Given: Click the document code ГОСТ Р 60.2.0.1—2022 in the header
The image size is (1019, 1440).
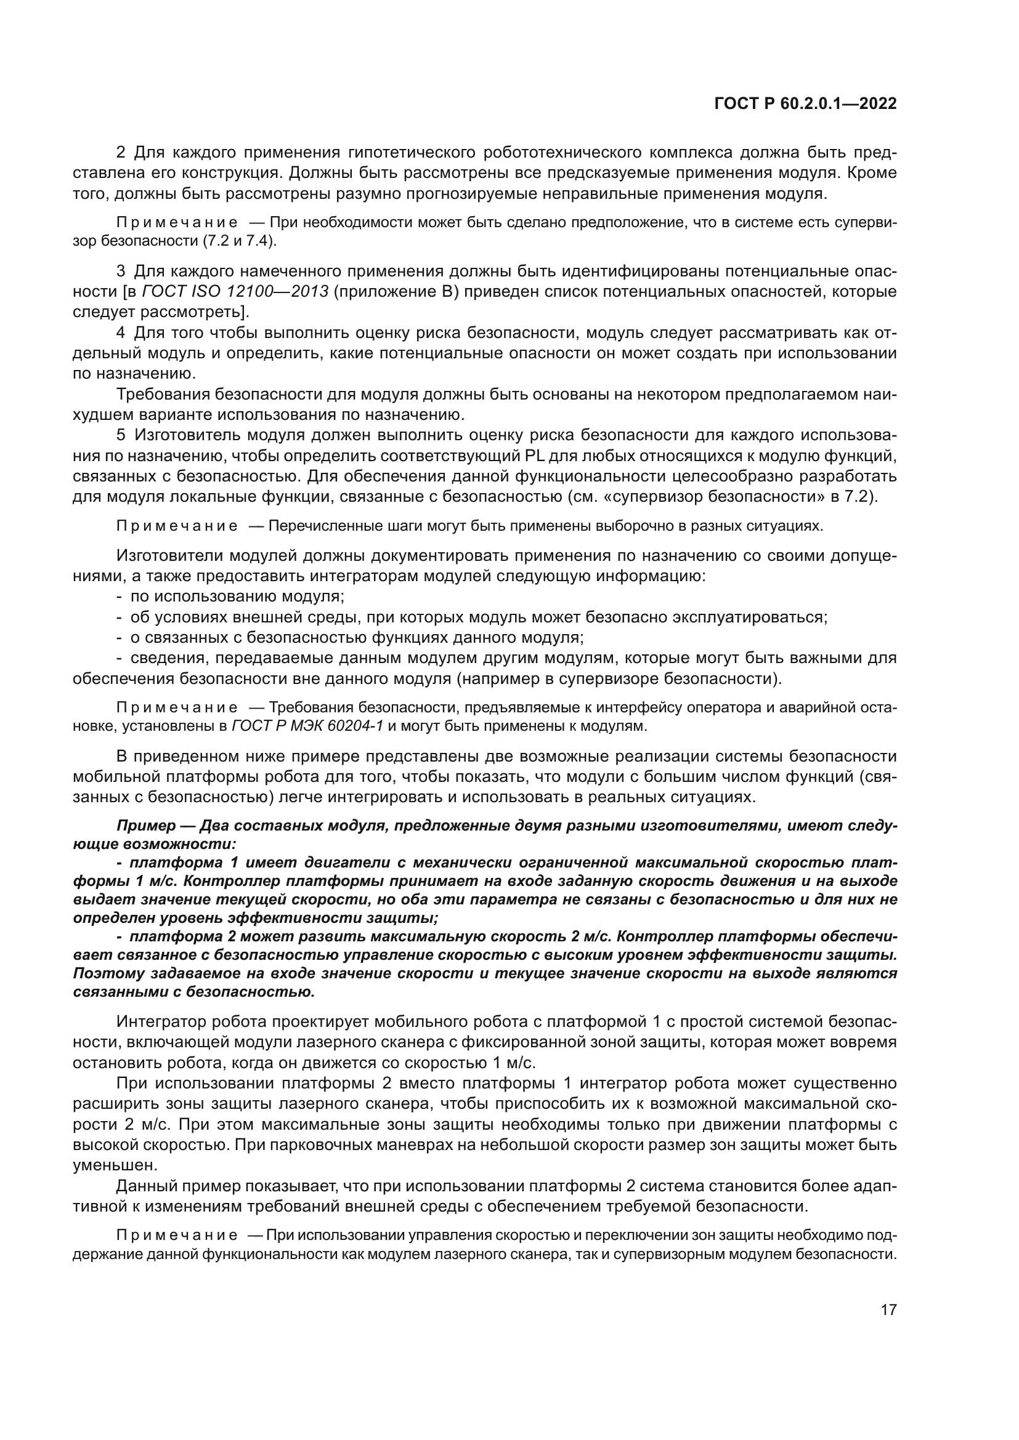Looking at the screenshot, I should pyautogui.click(x=806, y=104).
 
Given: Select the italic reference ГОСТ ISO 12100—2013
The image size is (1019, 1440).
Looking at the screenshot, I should pyautogui.click(x=235, y=292).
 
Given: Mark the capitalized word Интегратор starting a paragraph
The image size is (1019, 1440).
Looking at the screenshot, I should pyautogui.click(x=161, y=1023).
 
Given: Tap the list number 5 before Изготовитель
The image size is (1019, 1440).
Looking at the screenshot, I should pyautogui.click(x=122, y=435).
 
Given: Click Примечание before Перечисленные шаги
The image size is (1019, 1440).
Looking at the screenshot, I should pyautogui.click(x=177, y=526).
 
